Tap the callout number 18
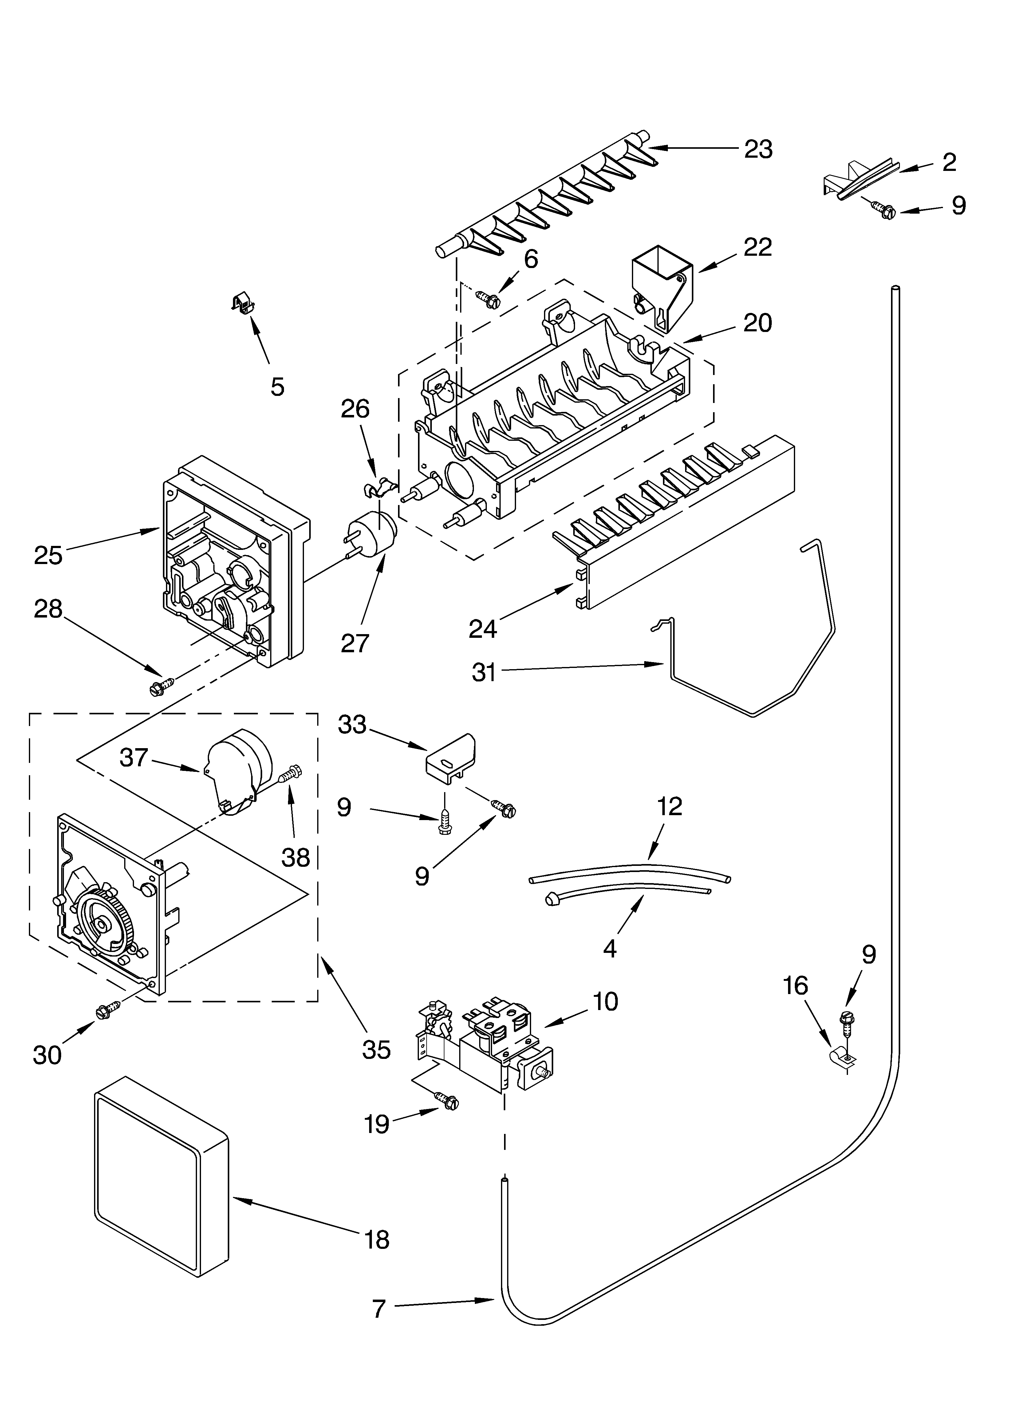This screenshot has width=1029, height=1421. coord(377,1239)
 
